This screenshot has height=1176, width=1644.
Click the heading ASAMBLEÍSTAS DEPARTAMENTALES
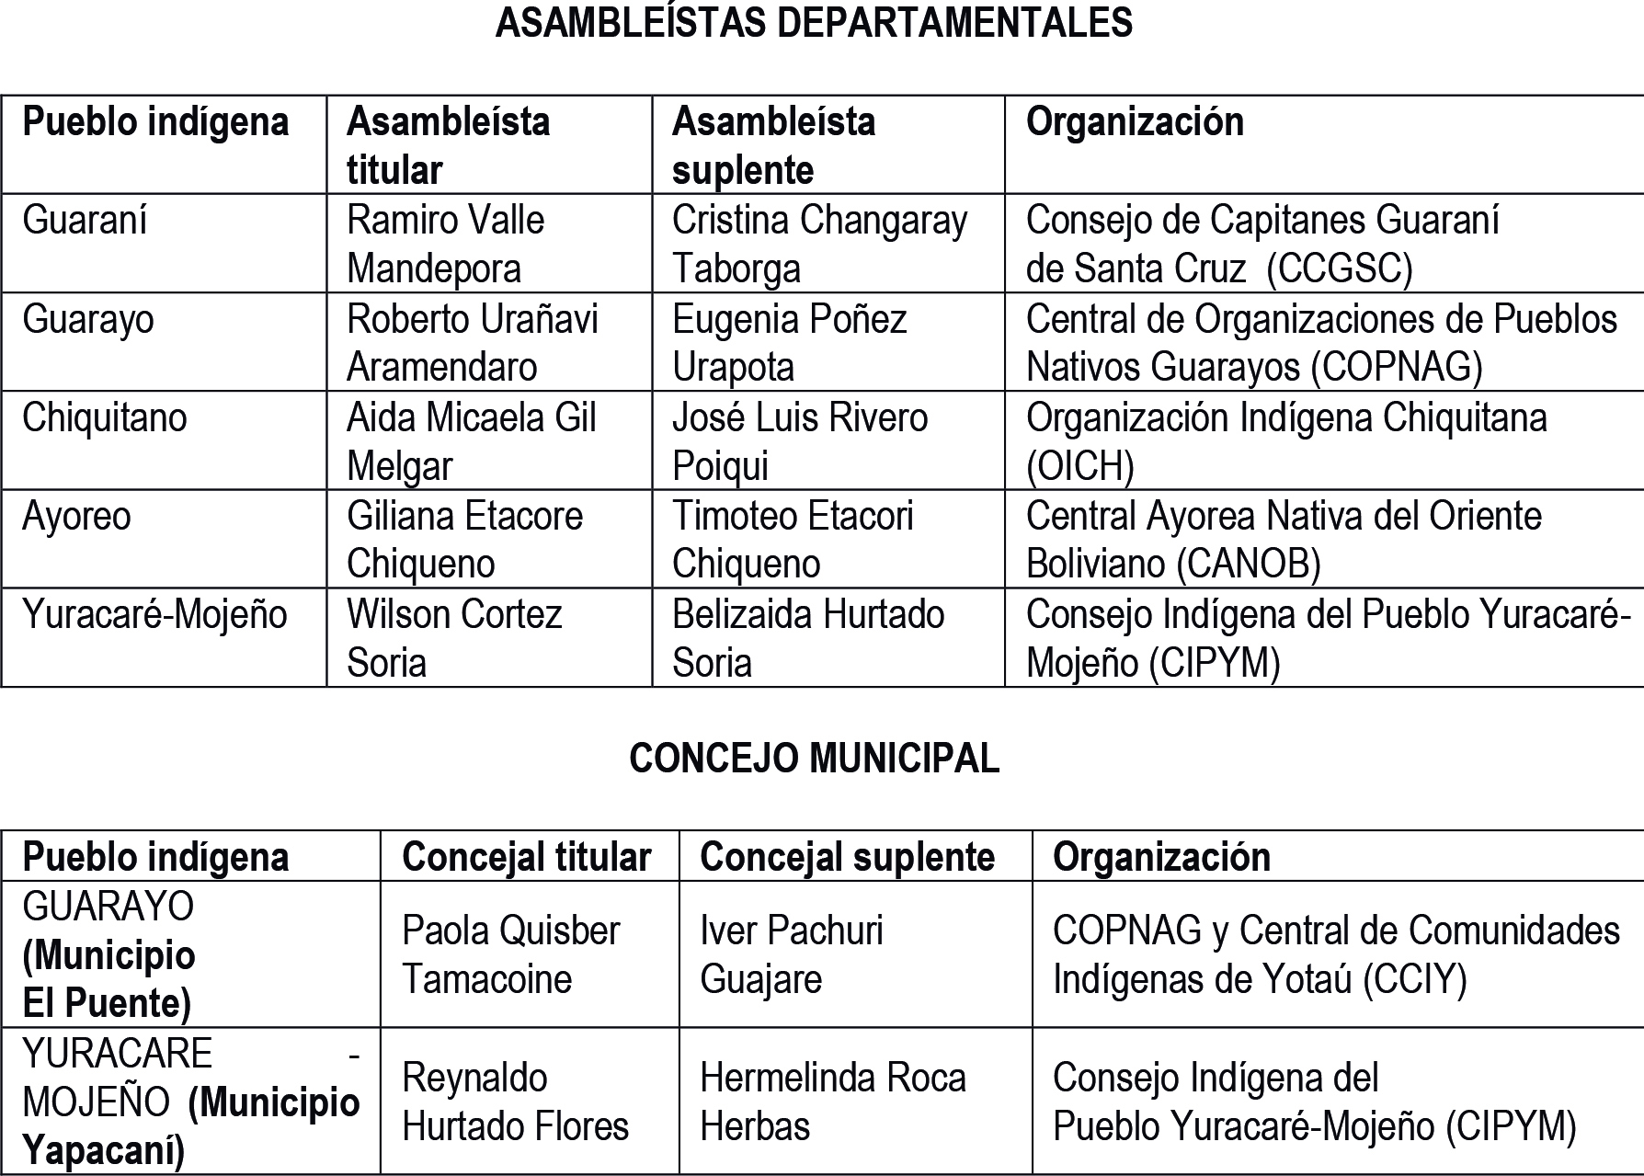[x=814, y=23]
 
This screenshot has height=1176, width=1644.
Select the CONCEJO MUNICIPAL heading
[x=814, y=759]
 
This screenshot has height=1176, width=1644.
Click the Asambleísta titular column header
[x=448, y=145]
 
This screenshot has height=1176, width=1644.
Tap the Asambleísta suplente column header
[x=773, y=145]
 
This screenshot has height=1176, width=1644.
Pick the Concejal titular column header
[x=526, y=857]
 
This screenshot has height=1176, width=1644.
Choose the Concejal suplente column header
[x=847, y=857]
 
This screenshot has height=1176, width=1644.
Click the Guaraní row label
[x=85, y=221]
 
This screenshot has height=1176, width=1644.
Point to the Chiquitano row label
[x=105, y=418]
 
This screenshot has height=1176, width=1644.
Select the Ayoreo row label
[x=76, y=517]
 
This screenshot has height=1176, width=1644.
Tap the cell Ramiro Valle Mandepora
[x=445, y=245]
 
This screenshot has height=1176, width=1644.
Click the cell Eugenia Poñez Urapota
[x=789, y=343]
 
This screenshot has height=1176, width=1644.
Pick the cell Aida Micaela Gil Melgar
[x=471, y=441]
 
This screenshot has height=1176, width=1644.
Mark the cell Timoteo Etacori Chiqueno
[x=793, y=540]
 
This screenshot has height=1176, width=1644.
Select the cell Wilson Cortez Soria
[x=454, y=638]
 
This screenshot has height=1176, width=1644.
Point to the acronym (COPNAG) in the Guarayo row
[x=1397, y=367]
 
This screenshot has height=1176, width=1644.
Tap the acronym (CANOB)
[x=1249, y=564]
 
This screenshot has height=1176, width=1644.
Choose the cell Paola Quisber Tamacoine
[x=510, y=954]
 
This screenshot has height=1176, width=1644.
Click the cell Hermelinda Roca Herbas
[x=833, y=1102]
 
